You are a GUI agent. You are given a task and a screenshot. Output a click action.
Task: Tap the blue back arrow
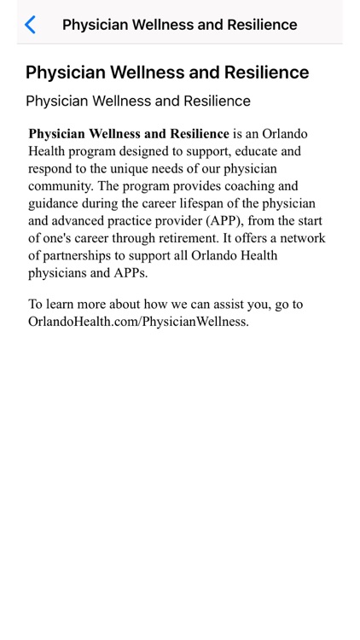coord(30,25)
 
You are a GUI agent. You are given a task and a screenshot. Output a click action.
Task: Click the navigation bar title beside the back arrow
coord(179,25)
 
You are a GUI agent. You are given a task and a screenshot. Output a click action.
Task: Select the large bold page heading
coord(167,72)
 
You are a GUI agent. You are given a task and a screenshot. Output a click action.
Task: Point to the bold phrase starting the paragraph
coord(129,134)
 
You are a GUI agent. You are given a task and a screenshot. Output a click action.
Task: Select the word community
coord(62,186)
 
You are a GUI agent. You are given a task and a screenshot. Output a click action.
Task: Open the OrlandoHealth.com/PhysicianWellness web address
coord(138,322)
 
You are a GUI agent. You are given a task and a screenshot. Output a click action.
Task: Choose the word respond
coord(52,169)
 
